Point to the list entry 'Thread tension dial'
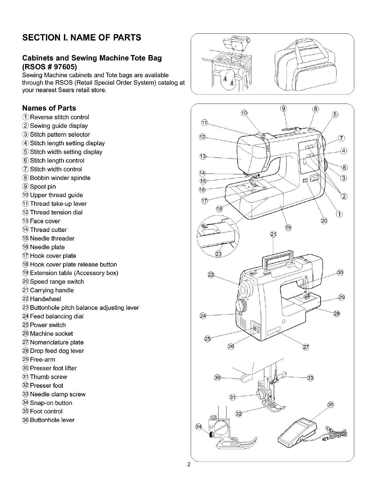tap(56, 212)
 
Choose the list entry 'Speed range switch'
tap(57, 282)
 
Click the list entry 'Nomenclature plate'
tap(57, 342)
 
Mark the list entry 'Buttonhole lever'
tap(52, 420)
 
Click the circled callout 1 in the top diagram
tap(339, 214)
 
